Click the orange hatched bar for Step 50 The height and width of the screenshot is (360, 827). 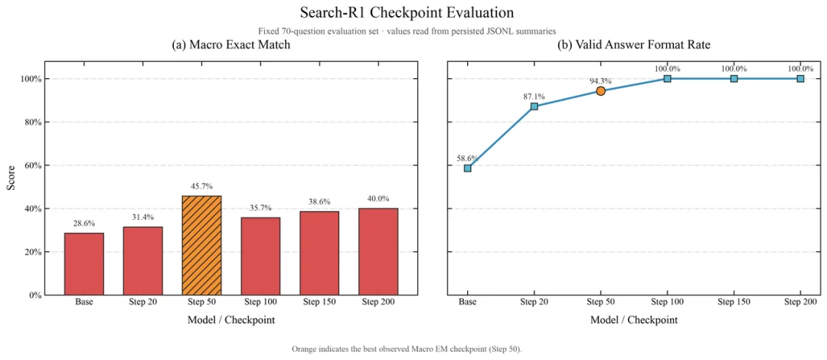[201, 245]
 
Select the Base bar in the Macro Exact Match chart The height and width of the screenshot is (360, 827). [84, 264]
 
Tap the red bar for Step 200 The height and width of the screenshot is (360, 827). [378, 252]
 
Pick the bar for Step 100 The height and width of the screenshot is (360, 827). [260, 257]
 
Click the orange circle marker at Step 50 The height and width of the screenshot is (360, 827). [601, 91]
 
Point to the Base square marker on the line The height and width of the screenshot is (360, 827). [467, 169]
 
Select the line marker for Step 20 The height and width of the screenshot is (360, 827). [534, 106]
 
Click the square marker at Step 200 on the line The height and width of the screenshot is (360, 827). [801, 79]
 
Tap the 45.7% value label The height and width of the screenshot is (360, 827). [201, 186]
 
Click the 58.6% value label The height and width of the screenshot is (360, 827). [467, 158]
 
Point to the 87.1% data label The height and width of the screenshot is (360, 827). [534, 96]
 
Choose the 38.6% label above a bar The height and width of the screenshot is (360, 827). [319, 201]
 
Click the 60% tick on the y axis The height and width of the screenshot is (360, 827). [31, 165]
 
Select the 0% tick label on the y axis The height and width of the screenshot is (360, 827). [34, 295]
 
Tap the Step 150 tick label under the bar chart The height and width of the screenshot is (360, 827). [319, 303]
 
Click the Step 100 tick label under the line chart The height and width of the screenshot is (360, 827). [668, 303]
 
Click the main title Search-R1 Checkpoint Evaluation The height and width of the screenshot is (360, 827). [406, 12]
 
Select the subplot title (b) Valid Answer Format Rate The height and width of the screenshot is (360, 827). [634, 45]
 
